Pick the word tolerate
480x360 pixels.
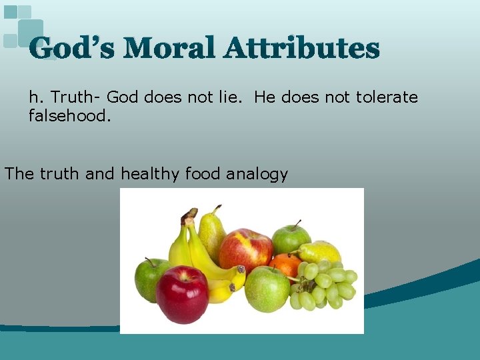click(387, 97)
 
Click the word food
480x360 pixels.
click(203, 175)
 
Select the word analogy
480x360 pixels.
click(257, 175)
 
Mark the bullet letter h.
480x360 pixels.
click(34, 97)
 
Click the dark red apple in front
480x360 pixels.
click(181, 293)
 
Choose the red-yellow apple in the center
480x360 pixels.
click(245, 250)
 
